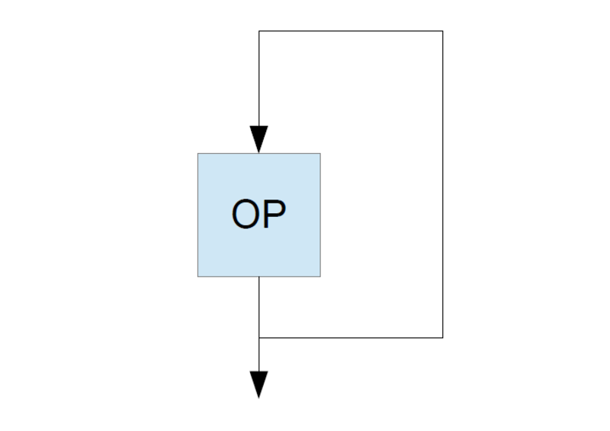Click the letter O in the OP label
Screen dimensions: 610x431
tap(245, 214)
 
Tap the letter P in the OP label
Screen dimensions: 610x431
tap(274, 214)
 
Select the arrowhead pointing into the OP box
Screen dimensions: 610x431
tap(258, 139)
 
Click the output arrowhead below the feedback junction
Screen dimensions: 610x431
tap(258, 385)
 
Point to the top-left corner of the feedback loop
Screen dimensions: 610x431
tap(259, 30)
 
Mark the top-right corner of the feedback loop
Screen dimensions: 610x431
tap(443, 30)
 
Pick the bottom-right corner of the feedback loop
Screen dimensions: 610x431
tap(443, 337)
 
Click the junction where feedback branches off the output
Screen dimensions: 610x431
tap(259, 337)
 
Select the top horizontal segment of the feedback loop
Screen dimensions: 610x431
tap(351, 30)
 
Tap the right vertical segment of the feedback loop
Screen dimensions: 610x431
tap(443, 184)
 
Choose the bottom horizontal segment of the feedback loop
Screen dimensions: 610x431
tap(351, 337)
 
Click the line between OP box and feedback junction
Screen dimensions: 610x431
tap(259, 307)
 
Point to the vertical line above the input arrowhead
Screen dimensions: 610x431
tap(259, 78)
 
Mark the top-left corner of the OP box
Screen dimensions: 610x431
tap(198, 154)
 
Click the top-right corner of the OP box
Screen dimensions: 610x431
tap(320, 154)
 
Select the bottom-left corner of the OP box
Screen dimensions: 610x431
tap(198, 276)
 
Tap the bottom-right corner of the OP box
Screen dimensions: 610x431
tap(320, 276)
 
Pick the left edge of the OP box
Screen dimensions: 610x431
tap(198, 215)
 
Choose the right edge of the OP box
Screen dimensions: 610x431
tap(320, 215)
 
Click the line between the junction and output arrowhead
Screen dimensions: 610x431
tap(259, 354)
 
